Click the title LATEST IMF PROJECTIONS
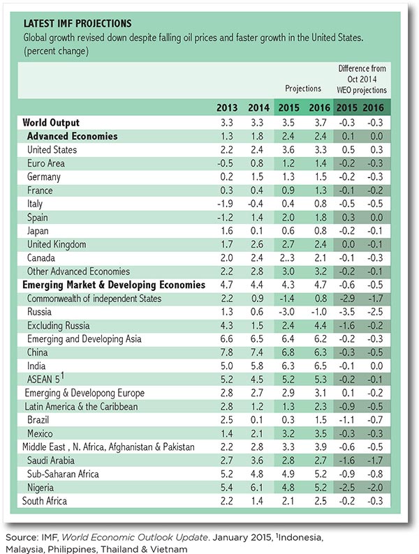click(x=78, y=23)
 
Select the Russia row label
click(x=39, y=312)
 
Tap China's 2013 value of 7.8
click(x=227, y=352)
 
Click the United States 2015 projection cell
click(x=288, y=150)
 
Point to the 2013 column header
click(x=227, y=107)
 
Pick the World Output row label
click(x=51, y=123)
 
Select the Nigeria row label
click(x=41, y=488)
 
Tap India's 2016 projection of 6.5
click(x=321, y=366)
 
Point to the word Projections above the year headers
click(x=303, y=89)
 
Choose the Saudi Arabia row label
click(x=51, y=461)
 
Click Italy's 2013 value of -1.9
click(x=226, y=204)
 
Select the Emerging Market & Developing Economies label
click(x=114, y=285)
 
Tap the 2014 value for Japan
click(x=257, y=231)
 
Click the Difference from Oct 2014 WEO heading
click(x=362, y=79)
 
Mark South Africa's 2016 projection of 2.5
click(x=321, y=501)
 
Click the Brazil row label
click(x=38, y=420)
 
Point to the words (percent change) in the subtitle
click(x=57, y=51)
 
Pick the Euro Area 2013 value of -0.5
click(x=226, y=163)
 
